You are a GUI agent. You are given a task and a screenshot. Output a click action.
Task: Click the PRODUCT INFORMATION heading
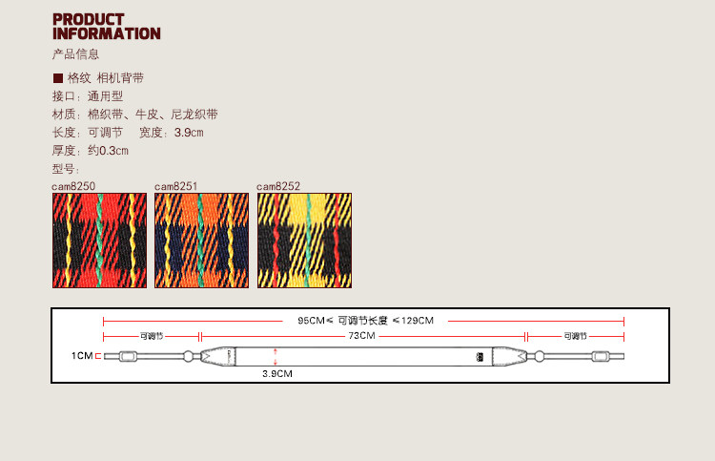[x=106, y=27]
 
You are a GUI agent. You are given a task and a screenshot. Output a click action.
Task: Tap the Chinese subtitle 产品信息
[x=75, y=54]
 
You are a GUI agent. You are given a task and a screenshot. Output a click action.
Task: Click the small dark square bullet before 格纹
[x=57, y=78]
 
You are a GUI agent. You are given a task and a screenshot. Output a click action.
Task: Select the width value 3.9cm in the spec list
[x=189, y=133]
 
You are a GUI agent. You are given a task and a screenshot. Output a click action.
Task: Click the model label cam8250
[x=73, y=187]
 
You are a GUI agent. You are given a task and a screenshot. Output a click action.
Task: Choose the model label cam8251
[x=175, y=187]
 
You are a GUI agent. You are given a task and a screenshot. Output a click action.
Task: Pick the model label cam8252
[x=278, y=187]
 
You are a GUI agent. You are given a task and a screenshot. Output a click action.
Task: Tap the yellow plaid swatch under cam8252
[x=304, y=241]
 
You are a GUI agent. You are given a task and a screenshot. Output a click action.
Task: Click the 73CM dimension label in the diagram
[x=361, y=336]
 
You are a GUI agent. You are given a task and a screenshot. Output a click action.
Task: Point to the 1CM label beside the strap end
[x=82, y=356]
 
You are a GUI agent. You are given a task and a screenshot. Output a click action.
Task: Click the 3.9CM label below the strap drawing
[x=277, y=374]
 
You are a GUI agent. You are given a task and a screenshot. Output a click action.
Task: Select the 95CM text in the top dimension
[x=312, y=321]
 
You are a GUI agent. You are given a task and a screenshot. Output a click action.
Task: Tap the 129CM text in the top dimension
[x=419, y=321]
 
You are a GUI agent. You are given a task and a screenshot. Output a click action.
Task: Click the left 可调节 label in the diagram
[x=152, y=336]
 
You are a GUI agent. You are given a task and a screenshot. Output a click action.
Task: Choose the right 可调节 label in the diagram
[x=575, y=336]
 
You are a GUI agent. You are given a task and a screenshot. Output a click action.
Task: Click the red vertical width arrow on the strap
[x=276, y=356]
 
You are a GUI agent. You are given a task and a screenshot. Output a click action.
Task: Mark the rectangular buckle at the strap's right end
[x=601, y=357]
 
